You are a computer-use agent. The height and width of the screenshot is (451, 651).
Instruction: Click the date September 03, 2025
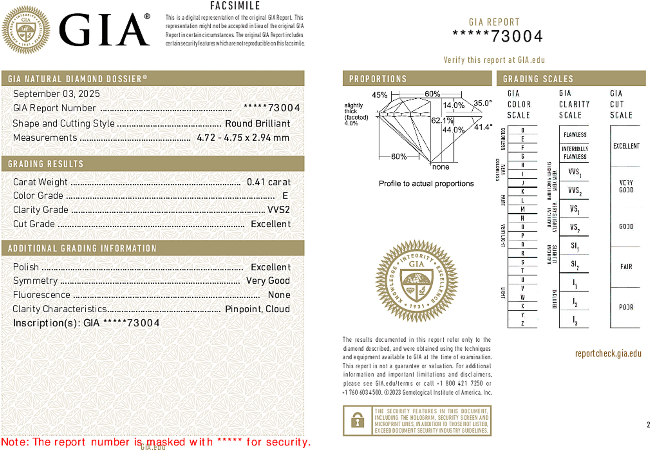[x=56, y=94]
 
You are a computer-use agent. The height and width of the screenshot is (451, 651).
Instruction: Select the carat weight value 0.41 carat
[x=268, y=182]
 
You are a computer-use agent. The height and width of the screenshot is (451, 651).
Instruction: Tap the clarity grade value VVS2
[x=278, y=209]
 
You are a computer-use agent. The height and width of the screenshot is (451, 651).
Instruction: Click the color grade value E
[x=285, y=196]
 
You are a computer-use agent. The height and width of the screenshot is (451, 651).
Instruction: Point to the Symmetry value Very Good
[x=268, y=281]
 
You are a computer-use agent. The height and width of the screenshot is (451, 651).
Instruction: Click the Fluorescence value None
[x=279, y=295]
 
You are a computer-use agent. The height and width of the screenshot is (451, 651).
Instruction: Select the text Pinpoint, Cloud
[x=257, y=309]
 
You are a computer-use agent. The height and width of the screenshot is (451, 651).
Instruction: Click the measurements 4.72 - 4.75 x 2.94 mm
[x=243, y=138]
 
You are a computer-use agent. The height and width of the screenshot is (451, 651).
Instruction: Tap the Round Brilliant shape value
[x=257, y=123]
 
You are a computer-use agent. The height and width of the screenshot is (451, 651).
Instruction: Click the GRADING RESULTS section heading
[x=46, y=164]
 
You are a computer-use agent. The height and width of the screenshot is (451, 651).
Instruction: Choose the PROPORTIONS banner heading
[x=378, y=79]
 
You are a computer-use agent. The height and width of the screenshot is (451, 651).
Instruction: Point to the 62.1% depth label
[x=442, y=120]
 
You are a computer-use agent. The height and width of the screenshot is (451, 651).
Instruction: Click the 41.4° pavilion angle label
[x=483, y=127]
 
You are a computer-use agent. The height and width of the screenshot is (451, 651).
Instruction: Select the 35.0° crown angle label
[x=482, y=103]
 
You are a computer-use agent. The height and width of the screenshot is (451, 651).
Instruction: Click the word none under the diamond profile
[x=441, y=167]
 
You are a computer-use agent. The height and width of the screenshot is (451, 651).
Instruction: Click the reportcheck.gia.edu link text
[x=608, y=353]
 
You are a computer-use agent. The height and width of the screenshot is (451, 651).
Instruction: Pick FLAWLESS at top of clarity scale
[x=575, y=135]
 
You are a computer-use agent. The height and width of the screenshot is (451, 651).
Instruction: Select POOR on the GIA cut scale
[x=626, y=307]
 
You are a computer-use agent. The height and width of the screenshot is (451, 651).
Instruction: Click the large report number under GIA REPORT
[x=498, y=36]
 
